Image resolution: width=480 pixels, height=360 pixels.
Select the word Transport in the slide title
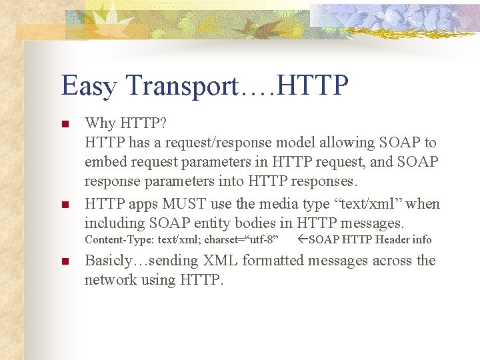(181, 86)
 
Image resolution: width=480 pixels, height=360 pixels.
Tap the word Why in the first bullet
(99, 123)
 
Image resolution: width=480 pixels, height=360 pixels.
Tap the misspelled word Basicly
(111, 261)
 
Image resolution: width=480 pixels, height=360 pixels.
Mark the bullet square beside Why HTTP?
(65, 124)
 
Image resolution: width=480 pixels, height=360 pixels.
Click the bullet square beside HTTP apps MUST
(65, 204)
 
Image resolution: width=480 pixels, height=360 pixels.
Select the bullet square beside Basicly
(65, 261)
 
